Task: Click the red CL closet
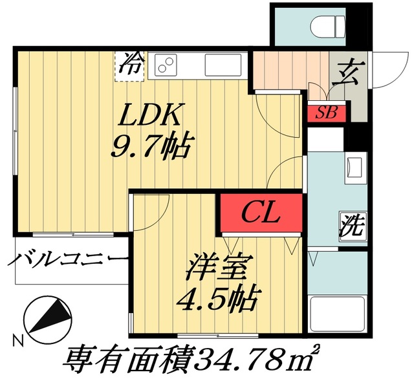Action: pos(261,213)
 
